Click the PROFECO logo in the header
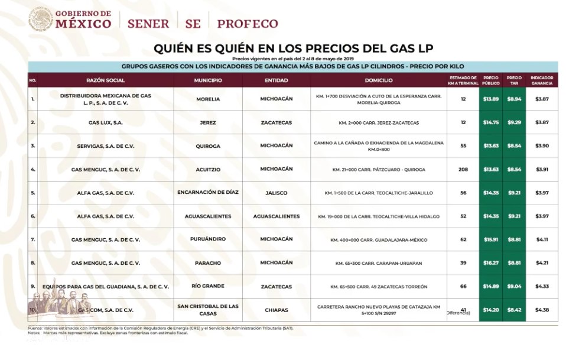(x=247, y=24)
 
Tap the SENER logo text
(x=148, y=24)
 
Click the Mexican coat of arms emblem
(x=40, y=19)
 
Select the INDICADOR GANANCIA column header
(x=541, y=80)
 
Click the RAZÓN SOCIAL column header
(x=106, y=80)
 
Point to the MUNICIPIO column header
(x=208, y=80)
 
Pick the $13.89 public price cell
(x=490, y=99)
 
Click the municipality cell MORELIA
(x=208, y=99)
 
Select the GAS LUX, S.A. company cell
(x=106, y=122)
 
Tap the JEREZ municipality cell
(x=208, y=122)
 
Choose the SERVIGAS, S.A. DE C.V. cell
(x=106, y=146)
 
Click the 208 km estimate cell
(x=463, y=169)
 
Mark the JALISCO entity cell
(x=277, y=192)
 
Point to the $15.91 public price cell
(x=490, y=239)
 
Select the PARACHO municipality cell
(x=208, y=262)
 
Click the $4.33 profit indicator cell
(x=541, y=286)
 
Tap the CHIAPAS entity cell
(x=277, y=310)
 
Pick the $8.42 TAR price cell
(x=513, y=310)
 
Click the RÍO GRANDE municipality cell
(x=208, y=286)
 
